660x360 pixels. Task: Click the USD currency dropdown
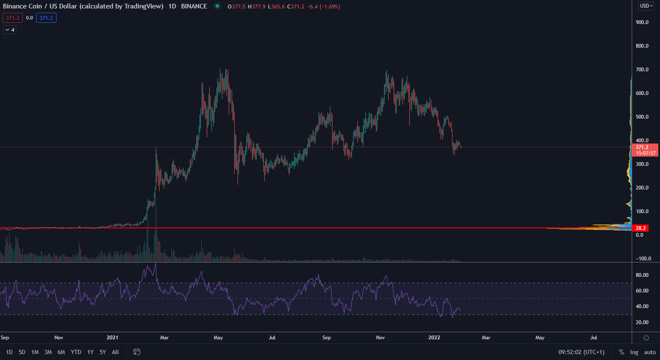point(646,6)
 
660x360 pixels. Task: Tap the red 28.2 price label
point(641,228)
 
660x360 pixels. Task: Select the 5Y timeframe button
point(103,352)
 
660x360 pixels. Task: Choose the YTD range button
point(76,352)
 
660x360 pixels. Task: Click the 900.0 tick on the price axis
point(642,22)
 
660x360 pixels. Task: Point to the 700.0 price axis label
point(642,70)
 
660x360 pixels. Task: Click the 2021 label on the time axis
point(112,338)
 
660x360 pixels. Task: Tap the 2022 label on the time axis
point(434,338)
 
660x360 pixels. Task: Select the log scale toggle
point(634,352)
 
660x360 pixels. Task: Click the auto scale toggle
point(650,352)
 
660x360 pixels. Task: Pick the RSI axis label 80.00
point(642,275)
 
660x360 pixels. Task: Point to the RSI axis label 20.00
point(642,322)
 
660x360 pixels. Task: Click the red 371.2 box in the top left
point(13,18)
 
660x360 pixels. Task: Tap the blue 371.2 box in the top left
point(46,18)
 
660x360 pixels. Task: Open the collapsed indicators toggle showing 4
point(10,30)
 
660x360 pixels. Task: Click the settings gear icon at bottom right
point(646,338)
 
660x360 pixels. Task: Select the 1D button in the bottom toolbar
point(9,352)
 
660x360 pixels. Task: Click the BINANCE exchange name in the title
point(194,6)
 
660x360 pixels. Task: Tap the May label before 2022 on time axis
point(218,338)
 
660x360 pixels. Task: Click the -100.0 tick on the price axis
point(643,259)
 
